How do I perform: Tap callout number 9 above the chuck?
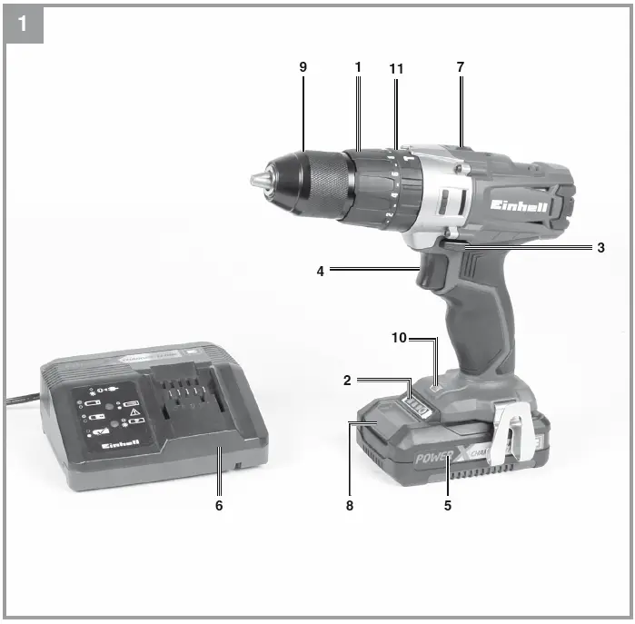(303, 68)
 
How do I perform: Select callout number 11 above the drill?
(395, 69)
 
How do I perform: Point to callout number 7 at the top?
(461, 68)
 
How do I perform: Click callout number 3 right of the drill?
(600, 247)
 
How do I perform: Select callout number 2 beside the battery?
(347, 381)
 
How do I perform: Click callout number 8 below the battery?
(349, 505)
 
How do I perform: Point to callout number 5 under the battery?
(447, 505)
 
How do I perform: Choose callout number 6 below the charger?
(218, 505)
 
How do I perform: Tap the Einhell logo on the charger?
(120, 442)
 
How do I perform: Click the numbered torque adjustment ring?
(393, 186)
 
